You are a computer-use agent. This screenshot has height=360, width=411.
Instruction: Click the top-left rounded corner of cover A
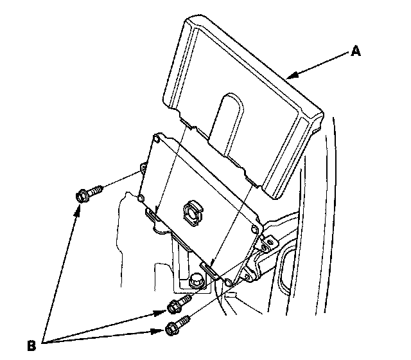click(x=190, y=23)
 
